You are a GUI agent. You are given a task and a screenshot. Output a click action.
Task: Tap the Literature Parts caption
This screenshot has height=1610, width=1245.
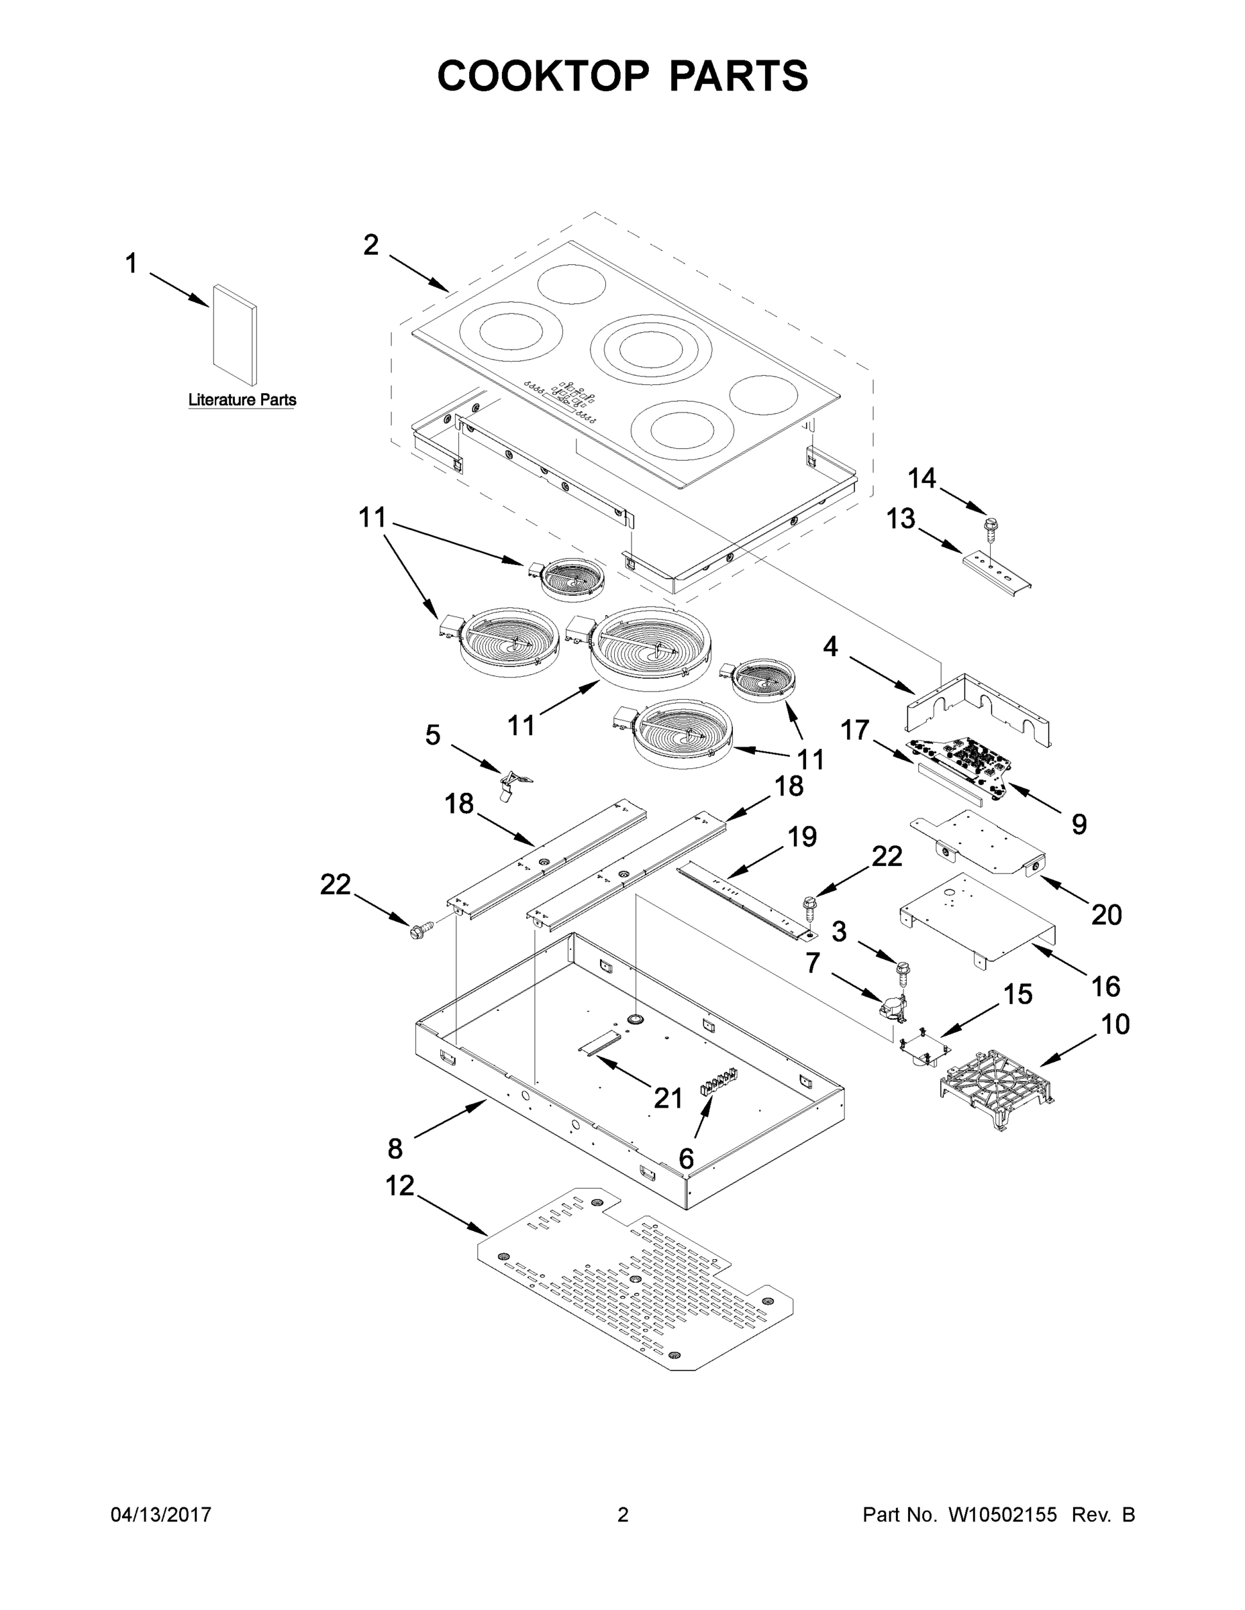pyautogui.click(x=242, y=400)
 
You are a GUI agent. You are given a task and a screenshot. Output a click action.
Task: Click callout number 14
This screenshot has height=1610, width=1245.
pyautogui.click(x=922, y=478)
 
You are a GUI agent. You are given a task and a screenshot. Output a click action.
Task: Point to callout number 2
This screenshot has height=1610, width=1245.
pyautogui.click(x=371, y=245)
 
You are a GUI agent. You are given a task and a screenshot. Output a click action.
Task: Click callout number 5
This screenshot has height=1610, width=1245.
pyautogui.click(x=433, y=735)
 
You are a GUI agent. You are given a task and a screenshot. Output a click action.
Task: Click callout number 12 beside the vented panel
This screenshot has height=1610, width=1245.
pyautogui.click(x=401, y=1186)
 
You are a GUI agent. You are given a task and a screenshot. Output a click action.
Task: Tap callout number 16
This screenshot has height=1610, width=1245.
pyautogui.click(x=1105, y=985)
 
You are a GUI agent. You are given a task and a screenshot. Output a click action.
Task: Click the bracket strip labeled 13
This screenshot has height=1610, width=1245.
pyautogui.click(x=996, y=573)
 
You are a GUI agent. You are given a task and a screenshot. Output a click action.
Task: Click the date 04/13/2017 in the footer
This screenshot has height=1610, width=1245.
pyautogui.click(x=161, y=1514)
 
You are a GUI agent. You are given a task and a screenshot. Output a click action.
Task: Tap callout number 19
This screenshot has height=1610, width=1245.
pyautogui.click(x=802, y=837)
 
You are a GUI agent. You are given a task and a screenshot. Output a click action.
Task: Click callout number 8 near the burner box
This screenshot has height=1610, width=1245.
pyautogui.click(x=395, y=1148)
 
